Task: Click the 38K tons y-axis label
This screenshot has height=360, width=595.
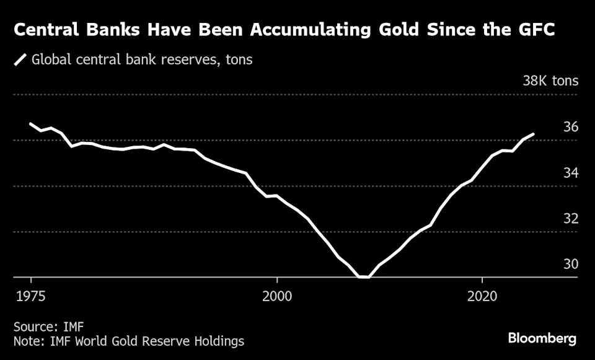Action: click(550, 81)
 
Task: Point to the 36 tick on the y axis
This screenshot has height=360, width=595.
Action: click(570, 127)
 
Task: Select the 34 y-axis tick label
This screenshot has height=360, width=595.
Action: click(570, 173)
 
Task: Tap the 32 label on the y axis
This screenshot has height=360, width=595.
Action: click(570, 219)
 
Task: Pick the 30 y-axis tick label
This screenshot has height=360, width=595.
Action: click(570, 265)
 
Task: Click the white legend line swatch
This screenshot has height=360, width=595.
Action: click(22, 60)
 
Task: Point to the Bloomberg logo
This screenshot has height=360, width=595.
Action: click(542, 339)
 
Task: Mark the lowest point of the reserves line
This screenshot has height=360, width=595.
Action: click(364, 277)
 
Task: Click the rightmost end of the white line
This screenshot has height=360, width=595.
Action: click(534, 134)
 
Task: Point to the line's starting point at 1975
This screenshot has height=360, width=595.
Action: click(30, 124)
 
